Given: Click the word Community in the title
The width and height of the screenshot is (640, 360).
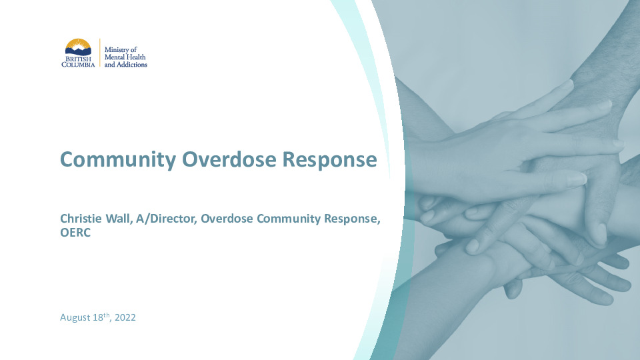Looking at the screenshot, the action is [x=118, y=159].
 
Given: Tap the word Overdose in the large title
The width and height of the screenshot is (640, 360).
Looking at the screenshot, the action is [x=229, y=159].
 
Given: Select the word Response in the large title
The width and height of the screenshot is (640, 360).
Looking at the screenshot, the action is [x=329, y=160].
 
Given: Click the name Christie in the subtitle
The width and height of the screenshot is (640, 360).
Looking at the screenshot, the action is [x=81, y=219].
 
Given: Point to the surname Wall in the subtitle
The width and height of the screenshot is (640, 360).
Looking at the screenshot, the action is [x=119, y=219].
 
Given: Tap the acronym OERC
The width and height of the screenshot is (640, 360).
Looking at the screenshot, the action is [x=75, y=233].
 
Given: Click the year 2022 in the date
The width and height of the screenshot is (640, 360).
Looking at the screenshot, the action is [x=125, y=317].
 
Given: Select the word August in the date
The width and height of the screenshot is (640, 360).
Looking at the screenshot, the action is [x=75, y=318].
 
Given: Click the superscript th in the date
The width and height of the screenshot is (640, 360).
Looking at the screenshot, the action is [x=107, y=315].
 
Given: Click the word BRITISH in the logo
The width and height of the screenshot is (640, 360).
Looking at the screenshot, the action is [x=79, y=59].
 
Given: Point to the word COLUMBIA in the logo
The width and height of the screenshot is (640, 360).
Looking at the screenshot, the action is [x=79, y=65].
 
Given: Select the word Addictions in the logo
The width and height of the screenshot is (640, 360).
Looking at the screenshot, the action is [x=132, y=65].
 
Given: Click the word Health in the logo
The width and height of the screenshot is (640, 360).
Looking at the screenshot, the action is [x=135, y=57].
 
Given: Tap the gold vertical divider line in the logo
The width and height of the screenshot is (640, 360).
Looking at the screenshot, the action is [x=99, y=53].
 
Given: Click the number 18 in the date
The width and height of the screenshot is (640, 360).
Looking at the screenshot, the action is [x=98, y=317].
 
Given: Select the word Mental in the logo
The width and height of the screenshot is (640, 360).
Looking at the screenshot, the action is [x=114, y=57].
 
